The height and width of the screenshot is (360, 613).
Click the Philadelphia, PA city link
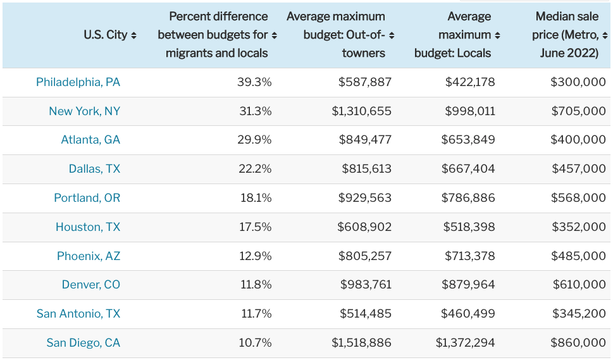pos(78,82)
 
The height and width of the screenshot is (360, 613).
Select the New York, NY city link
pos(84,111)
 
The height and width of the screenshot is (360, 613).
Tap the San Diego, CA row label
pos(83,343)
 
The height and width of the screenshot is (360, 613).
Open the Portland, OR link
pos(87,198)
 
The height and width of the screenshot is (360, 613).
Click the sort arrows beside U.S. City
pos(133,35)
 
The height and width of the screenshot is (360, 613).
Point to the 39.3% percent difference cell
pos(254,82)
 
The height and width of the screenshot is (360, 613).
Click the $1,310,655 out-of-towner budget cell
pos(361,111)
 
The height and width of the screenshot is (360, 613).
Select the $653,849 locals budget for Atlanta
pos(470,140)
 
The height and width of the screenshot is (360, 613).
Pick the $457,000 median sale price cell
pos(578,169)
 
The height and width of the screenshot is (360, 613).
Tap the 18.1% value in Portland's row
pos(255,198)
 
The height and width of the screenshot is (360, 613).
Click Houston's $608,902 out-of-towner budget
pos(364,227)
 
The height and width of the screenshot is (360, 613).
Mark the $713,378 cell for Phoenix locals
pos(470,256)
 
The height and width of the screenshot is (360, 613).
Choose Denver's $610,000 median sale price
pos(578,285)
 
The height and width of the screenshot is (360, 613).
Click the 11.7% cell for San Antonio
pos(255,314)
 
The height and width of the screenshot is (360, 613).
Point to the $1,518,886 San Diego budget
pos(361,343)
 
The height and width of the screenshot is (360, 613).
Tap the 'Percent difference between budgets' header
pos(217,35)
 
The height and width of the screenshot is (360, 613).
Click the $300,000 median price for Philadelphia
pos(578,82)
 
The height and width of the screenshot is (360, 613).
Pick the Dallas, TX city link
pos(94,169)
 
